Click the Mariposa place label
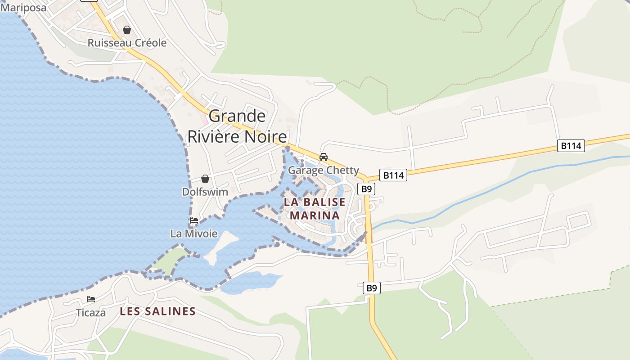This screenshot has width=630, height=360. tap(23, 7)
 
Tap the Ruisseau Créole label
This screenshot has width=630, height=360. tap(127, 43)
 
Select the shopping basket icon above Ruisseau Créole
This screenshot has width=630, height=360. tap(127, 30)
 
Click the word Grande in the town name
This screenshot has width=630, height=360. tap(237, 116)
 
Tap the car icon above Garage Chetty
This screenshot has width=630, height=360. tap(323, 157)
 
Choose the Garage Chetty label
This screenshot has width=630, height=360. tap(323, 170)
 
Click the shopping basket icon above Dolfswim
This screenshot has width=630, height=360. tap(205, 179)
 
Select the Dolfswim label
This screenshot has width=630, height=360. tap(205, 192)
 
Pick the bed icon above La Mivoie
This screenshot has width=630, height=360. tap(194, 220)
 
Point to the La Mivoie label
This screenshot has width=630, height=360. tap(193, 234)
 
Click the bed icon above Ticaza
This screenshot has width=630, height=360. tap(91, 299)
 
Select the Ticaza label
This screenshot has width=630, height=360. tap(91, 312)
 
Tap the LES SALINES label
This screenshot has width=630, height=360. tap(157, 311)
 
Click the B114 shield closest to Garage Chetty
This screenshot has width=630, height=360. tap(393, 175)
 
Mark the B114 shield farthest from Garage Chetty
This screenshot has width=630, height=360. tap(571, 145)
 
